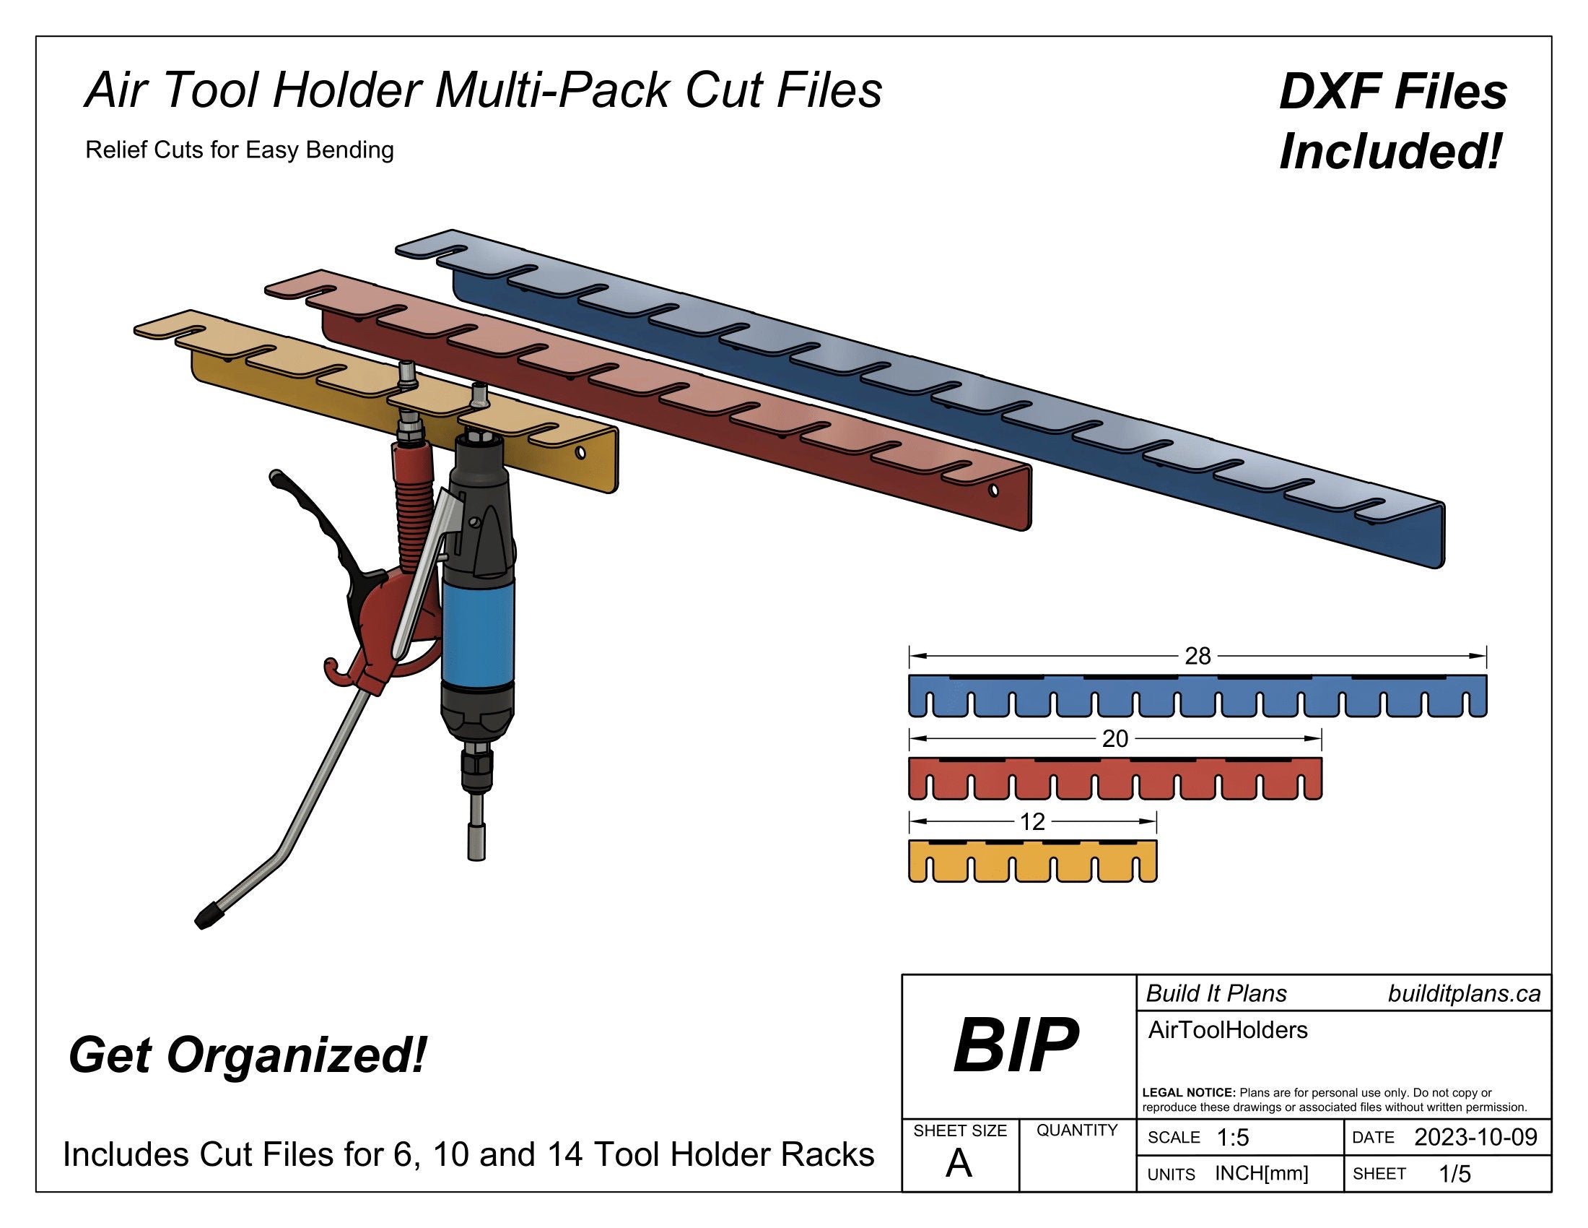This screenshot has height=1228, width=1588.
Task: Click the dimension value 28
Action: pyautogui.click(x=1197, y=656)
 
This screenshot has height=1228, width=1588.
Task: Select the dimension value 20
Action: pyautogui.click(x=1114, y=739)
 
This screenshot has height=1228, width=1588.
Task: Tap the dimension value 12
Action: pyautogui.click(x=1032, y=822)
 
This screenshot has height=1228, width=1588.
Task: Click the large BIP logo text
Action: pyautogui.click(x=1016, y=1046)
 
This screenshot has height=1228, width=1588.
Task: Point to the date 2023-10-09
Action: pyautogui.click(x=1475, y=1137)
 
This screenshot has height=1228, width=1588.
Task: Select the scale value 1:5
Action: pyautogui.click(x=1232, y=1138)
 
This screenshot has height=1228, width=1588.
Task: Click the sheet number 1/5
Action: pyautogui.click(x=1455, y=1174)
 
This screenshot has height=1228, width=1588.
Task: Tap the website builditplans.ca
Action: pyautogui.click(x=1464, y=995)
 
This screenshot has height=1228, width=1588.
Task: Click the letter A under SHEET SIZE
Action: pyautogui.click(x=959, y=1164)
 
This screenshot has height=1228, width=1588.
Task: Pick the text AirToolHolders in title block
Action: pyautogui.click(x=1227, y=1030)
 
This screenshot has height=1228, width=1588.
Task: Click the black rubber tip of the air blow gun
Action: pyautogui.click(x=207, y=916)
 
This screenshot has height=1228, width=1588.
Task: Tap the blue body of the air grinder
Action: pyautogui.click(x=478, y=626)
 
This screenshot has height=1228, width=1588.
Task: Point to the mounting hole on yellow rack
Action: pyautogui.click(x=580, y=453)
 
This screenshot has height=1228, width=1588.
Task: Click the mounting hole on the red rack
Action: pyautogui.click(x=994, y=491)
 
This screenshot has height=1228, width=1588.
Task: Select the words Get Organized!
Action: pyautogui.click(x=247, y=1055)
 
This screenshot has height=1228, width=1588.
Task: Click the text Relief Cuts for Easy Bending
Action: pyautogui.click(x=239, y=150)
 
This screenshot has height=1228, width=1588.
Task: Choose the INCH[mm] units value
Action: pyautogui.click(x=1262, y=1173)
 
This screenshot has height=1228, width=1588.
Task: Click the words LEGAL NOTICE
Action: pyautogui.click(x=1189, y=1093)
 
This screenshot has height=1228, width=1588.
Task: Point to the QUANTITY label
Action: pyautogui.click(x=1077, y=1130)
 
